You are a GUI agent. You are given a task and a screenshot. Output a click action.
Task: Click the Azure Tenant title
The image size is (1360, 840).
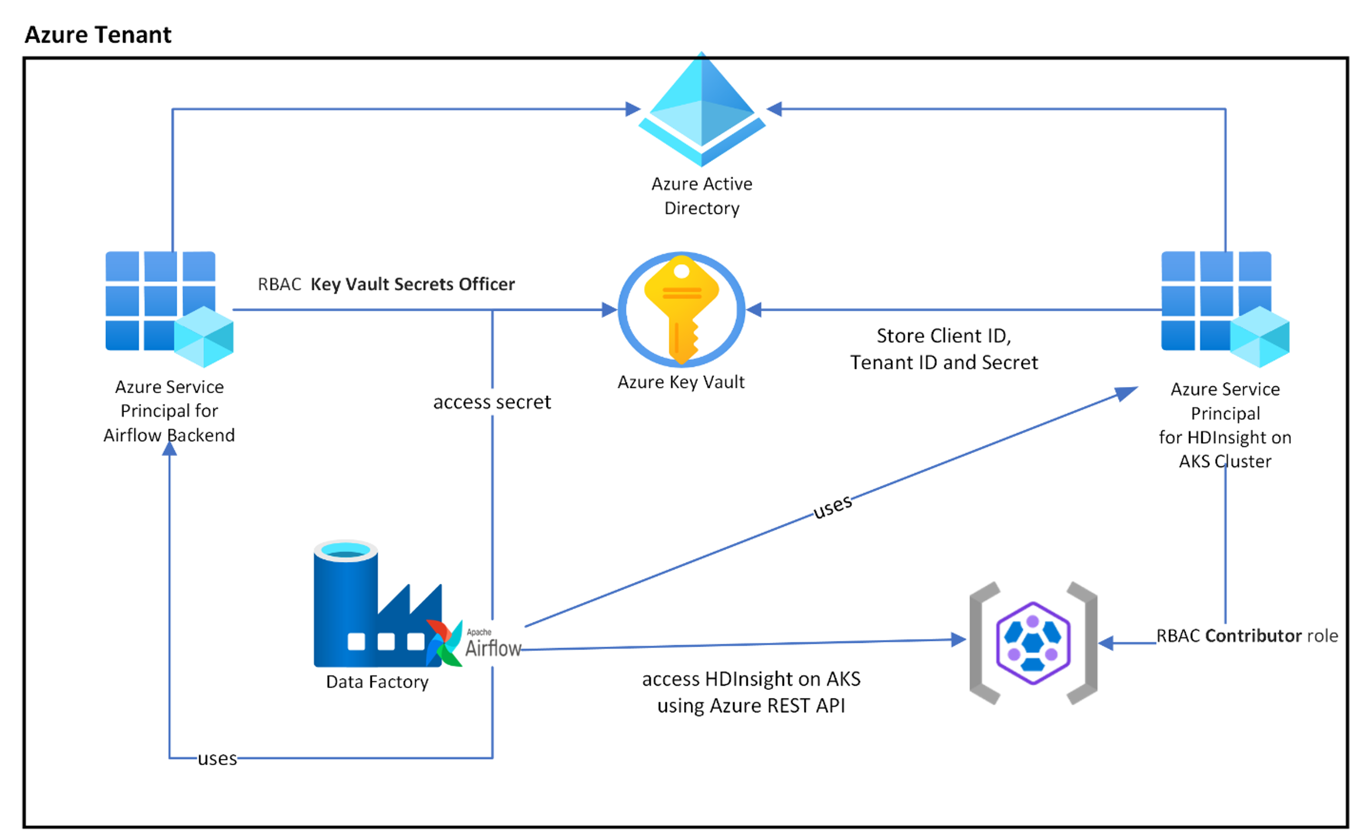tap(98, 35)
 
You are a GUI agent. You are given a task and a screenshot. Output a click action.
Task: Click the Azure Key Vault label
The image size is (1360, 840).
tap(681, 382)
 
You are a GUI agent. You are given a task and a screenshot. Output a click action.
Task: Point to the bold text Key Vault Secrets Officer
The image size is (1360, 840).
tap(413, 284)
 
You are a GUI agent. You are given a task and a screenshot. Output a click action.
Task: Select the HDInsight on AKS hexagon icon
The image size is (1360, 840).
tap(1032, 643)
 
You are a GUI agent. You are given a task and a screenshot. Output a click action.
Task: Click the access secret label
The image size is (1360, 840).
tap(492, 402)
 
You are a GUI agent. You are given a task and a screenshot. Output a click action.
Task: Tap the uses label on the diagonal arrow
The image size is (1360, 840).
tap(832, 506)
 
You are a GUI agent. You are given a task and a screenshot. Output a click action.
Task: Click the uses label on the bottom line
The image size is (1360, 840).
tap(217, 759)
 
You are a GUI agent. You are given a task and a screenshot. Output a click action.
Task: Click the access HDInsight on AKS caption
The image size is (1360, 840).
tap(751, 692)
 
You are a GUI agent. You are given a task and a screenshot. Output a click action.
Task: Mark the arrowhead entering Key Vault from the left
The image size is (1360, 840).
tap(609, 310)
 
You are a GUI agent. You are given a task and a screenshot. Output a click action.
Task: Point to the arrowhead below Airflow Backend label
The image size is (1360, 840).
tap(170, 450)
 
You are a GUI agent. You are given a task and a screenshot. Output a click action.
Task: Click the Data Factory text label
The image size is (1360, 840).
tap(377, 682)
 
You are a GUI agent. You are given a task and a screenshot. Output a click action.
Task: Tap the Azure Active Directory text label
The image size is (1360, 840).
tap(701, 195)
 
